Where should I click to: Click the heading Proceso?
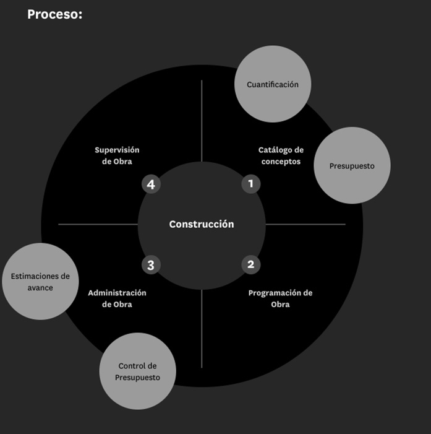pyautogui.click(x=54, y=14)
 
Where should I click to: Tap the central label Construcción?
pyautogui.click(x=202, y=224)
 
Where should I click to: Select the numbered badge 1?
pyautogui.click(x=250, y=183)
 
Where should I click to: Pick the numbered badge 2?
pyautogui.click(x=250, y=265)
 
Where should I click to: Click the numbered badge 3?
pyautogui.click(x=151, y=265)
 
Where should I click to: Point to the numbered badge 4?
pyautogui.click(x=151, y=184)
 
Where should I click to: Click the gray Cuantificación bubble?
pyautogui.click(x=272, y=84)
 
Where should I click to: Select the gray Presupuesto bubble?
pyautogui.click(x=352, y=166)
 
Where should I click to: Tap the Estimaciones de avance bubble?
pyautogui.click(x=40, y=282)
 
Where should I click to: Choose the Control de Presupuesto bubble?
pyautogui.click(x=137, y=371)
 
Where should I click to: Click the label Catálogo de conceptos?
pyautogui.click(x=281, y=155)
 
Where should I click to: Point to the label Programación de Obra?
pyautogui.click(x=280, y=298)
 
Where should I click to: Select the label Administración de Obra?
pyautogui.click(x=117, y=298)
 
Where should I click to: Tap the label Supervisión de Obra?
pyautogui.click(x=117, y=155)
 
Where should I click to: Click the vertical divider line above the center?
pyautogui.click(x=202, y=121)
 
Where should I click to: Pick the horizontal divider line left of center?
pyautogui.click(x=98, y=224)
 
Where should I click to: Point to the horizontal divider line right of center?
pyautogui.click(x=305, y=224)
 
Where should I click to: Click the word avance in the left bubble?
pyautogui.click(x=40, y=288)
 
